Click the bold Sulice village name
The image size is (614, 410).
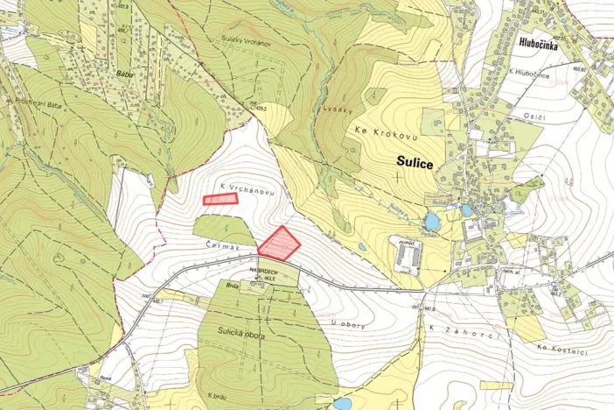tap(416, 160)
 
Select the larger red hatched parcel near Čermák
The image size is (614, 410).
tap(279, 244)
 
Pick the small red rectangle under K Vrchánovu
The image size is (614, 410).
tap(220, 200)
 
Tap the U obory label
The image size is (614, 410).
tap(347, 326)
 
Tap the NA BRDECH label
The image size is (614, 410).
tap(266, 271)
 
